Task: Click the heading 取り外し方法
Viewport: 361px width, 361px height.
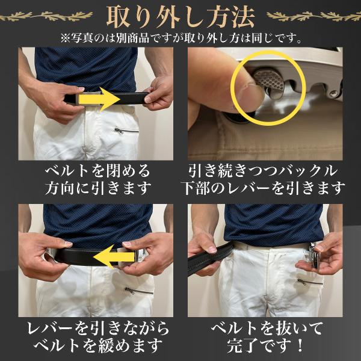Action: [x=180, y=17]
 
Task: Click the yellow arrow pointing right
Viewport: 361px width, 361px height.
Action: [x=99, y=99]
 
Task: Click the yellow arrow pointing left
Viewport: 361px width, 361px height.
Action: [x=114, y=257]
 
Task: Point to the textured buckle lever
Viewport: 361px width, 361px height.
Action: [x=270, y=82]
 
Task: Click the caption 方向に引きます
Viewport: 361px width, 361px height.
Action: [x=98, y=188]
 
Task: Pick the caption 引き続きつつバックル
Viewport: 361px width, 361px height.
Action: [x=263, y=171]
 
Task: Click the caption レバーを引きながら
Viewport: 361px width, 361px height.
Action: [x=98, y=329]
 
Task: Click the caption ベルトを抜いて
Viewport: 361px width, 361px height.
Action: [x=267, y=329]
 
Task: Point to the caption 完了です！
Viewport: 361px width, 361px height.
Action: [x=265, y=345]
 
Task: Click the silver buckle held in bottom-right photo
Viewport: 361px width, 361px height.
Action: [x=314, y=255]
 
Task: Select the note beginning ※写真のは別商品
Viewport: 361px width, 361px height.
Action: [x=181, y=39]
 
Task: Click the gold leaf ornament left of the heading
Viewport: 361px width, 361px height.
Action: [x=46, y=16]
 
